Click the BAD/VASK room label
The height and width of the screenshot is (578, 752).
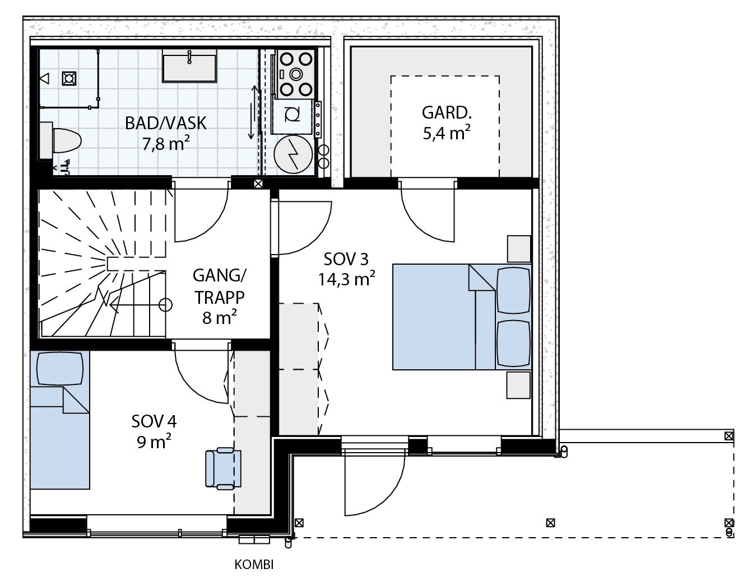click(165, 123)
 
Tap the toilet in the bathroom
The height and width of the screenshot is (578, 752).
click(61, 140)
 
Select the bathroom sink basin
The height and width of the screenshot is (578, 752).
click(189, 65)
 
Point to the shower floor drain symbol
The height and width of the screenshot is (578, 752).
click(69, 78)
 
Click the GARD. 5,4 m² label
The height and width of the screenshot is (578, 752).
click(447, 123)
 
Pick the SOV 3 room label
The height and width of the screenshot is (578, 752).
click(346, 259)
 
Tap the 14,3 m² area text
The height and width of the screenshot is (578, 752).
click(346, 279)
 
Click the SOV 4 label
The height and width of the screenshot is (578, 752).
click(154, 421)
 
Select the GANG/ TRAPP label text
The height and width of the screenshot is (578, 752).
click(219, 286)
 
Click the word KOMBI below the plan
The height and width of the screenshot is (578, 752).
click(254, 565)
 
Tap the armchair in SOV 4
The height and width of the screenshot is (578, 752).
click(224, 468)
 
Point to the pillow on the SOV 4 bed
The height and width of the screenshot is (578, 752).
click(60, 368)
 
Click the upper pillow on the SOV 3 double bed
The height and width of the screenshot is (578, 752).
click(513, 290)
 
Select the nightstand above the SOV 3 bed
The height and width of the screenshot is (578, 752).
click(519, 249)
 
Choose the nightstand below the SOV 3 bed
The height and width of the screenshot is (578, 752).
click(518, 385)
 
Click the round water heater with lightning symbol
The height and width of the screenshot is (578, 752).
click(293, 154)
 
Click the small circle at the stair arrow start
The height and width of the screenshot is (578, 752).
click(165, 305)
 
